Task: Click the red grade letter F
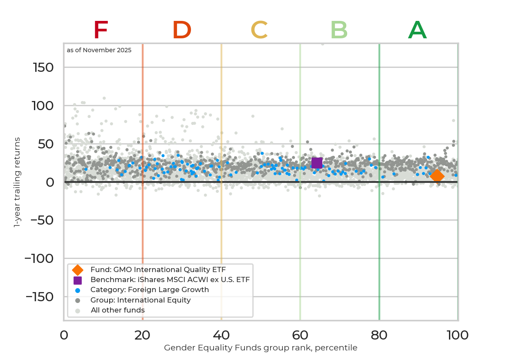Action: point(100,30)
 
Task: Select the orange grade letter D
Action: point(182,30)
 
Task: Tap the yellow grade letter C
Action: point(259,30)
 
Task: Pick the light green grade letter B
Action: point(339,30)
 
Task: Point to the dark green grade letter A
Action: point(417,30)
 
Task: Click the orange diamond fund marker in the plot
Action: point(437,176)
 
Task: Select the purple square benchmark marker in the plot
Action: point(317,163)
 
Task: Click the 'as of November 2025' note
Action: point(99,50)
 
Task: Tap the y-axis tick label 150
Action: point(43,67)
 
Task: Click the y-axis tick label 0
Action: point(50,182)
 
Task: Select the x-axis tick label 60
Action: point(300,335)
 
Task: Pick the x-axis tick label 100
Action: point(458,335)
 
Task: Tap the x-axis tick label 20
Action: point(143,335)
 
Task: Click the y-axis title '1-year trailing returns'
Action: point(17,182)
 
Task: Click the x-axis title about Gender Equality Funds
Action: point(261,348)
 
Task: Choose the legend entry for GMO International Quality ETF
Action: point(157,269)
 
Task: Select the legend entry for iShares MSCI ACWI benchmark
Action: point(170,280)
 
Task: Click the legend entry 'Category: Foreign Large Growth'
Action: point(149,290)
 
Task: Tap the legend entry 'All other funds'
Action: point(117,310)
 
